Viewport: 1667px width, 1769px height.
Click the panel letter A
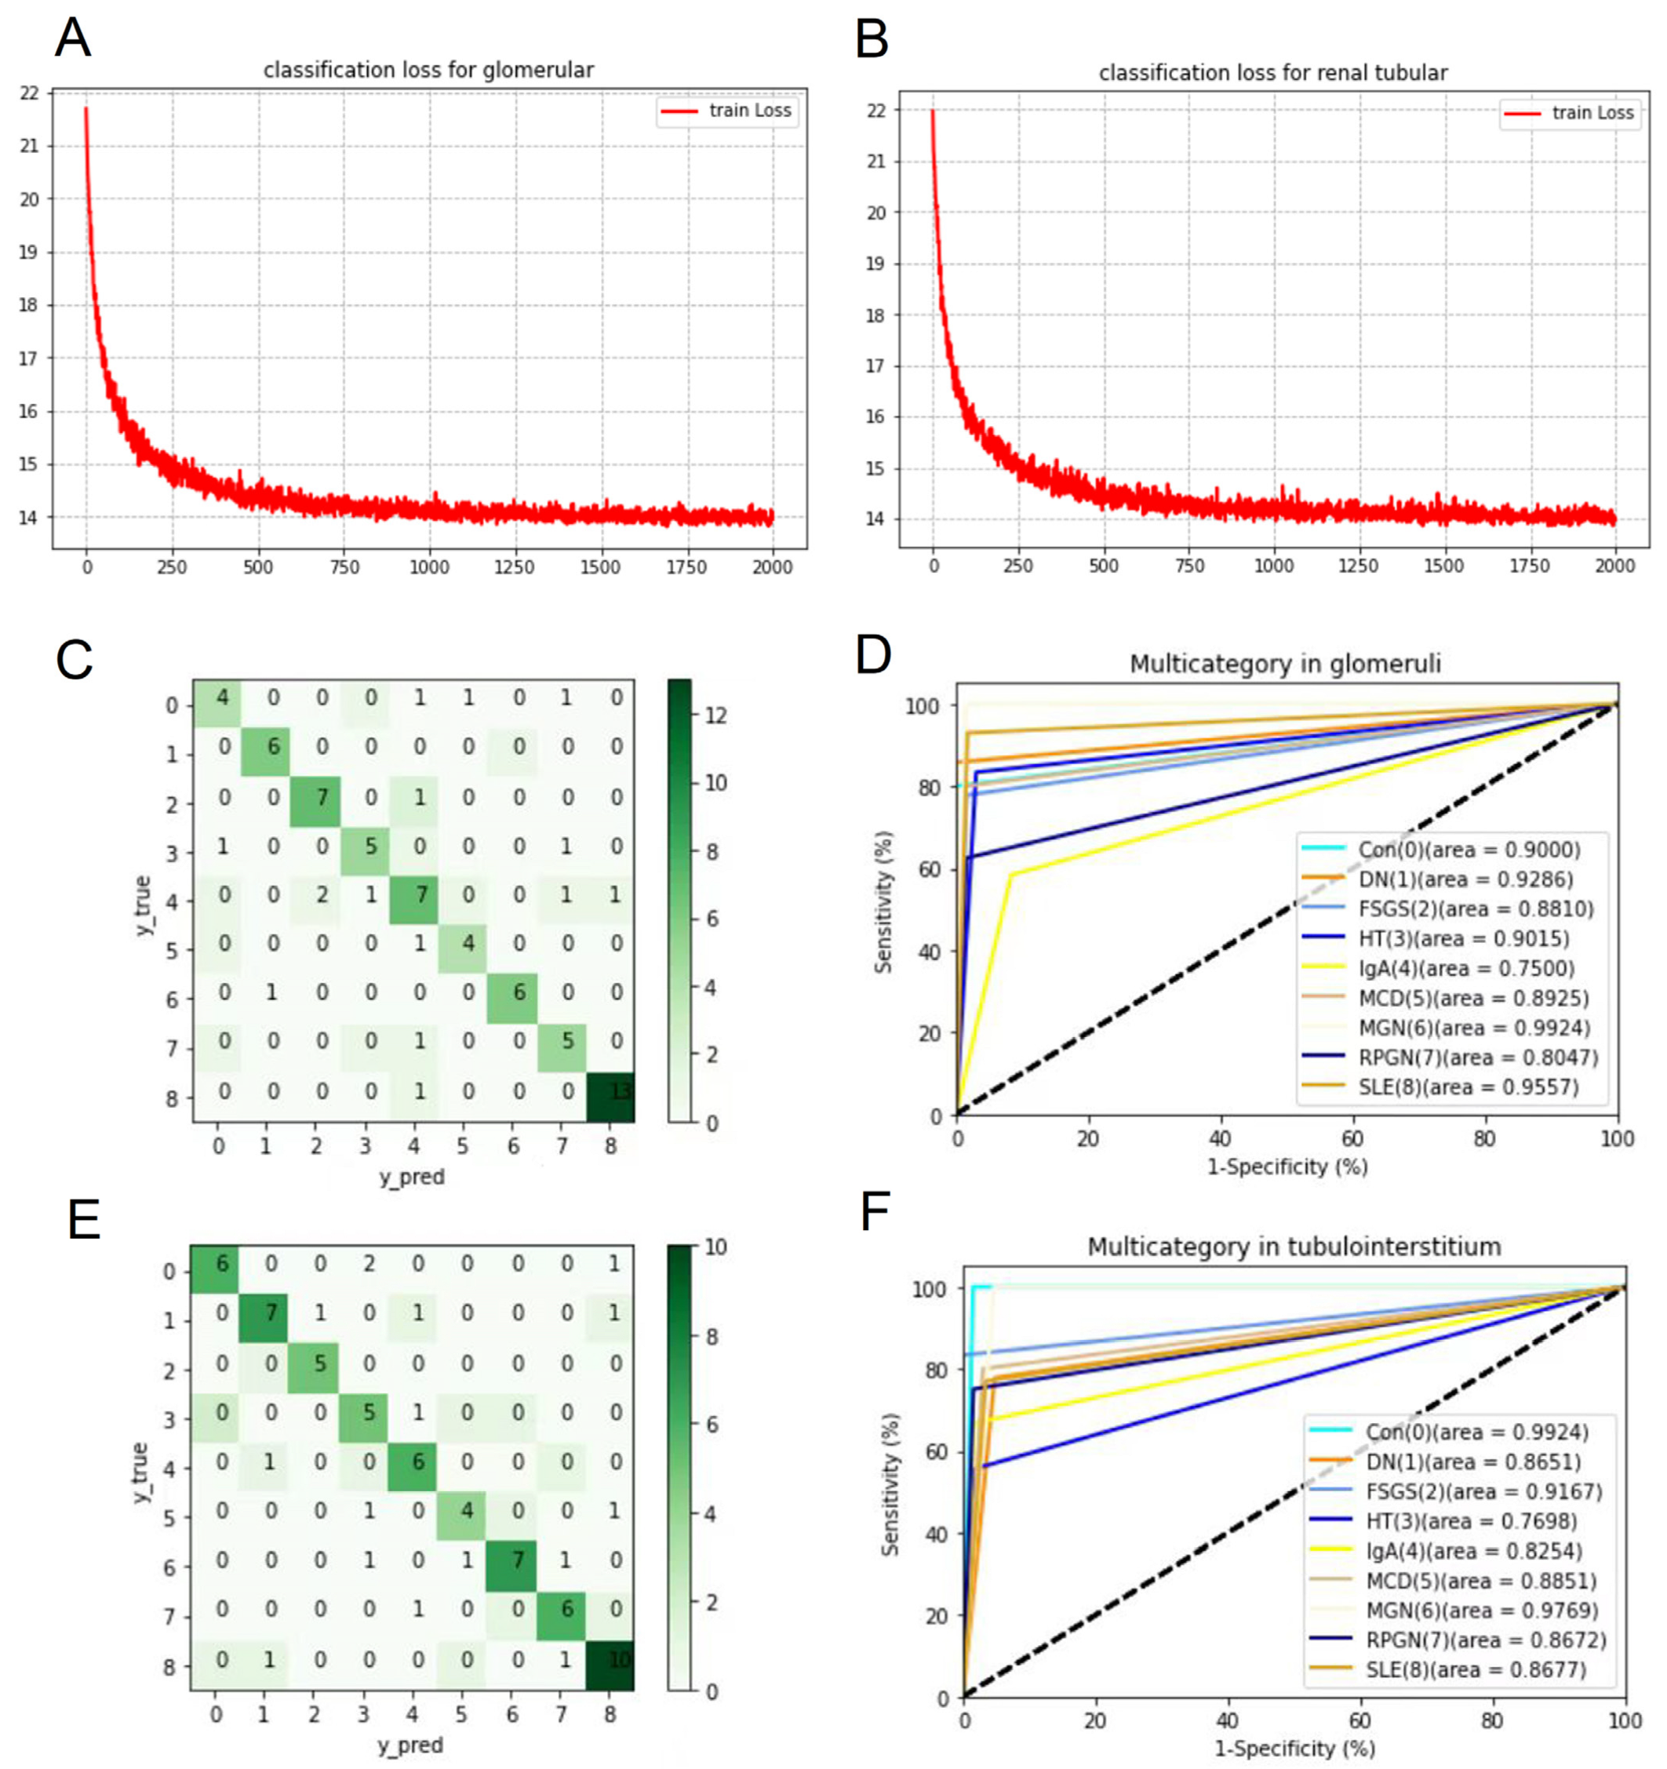tap(72, 38)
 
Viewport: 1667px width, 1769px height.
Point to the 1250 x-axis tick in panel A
tap(514, 568)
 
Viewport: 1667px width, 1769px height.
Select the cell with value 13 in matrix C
tap(611, 1091)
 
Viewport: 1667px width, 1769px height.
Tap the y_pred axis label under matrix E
tap(410, 1745)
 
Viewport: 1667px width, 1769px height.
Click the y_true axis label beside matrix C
tap(144, 906)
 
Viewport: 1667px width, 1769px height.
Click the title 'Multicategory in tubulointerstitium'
tap(1294, 1247)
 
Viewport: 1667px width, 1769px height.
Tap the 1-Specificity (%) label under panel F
tap(1294, 1749)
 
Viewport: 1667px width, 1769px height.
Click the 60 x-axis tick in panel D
tap(1352, 1139)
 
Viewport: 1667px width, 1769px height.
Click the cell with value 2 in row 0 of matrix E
tap(369, 1264)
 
